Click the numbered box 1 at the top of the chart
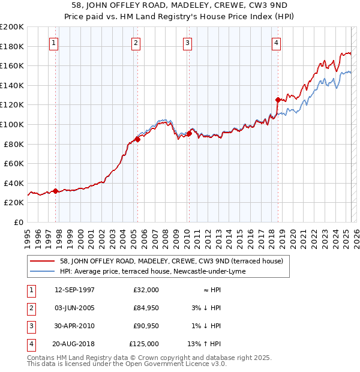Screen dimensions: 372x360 (54, 43)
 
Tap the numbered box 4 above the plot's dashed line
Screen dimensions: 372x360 (276, 43)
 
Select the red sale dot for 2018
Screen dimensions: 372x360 (278, 100)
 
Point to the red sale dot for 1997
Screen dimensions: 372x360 (56, 191)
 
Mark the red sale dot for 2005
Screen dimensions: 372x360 (137, 139)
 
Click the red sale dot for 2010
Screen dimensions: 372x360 (188, 133)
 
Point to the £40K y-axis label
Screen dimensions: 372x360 (14, 183)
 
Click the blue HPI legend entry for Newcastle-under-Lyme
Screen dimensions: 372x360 (153, 271)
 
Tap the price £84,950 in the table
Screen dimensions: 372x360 (146, 308)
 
